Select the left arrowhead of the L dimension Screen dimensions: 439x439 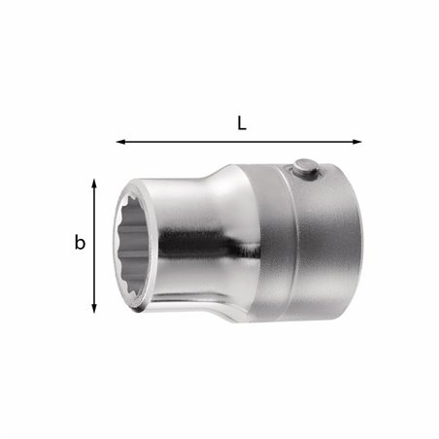click(x=120, y=142)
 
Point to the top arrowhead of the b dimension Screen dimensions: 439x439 click(x=94, y=183)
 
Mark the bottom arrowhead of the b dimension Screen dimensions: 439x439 click(x=94, y=308)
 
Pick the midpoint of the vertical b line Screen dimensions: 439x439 click(x=94, y=245)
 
